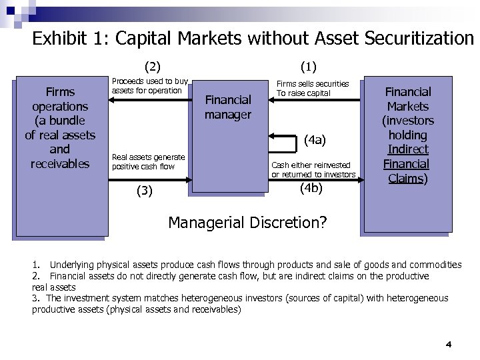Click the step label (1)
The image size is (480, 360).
309,66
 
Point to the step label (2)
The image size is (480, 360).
153,66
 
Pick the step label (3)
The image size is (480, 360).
145,191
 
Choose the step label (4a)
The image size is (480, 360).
314,140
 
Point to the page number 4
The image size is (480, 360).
449,344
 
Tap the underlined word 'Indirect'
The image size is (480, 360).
408,149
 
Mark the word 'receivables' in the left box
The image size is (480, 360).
60,164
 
